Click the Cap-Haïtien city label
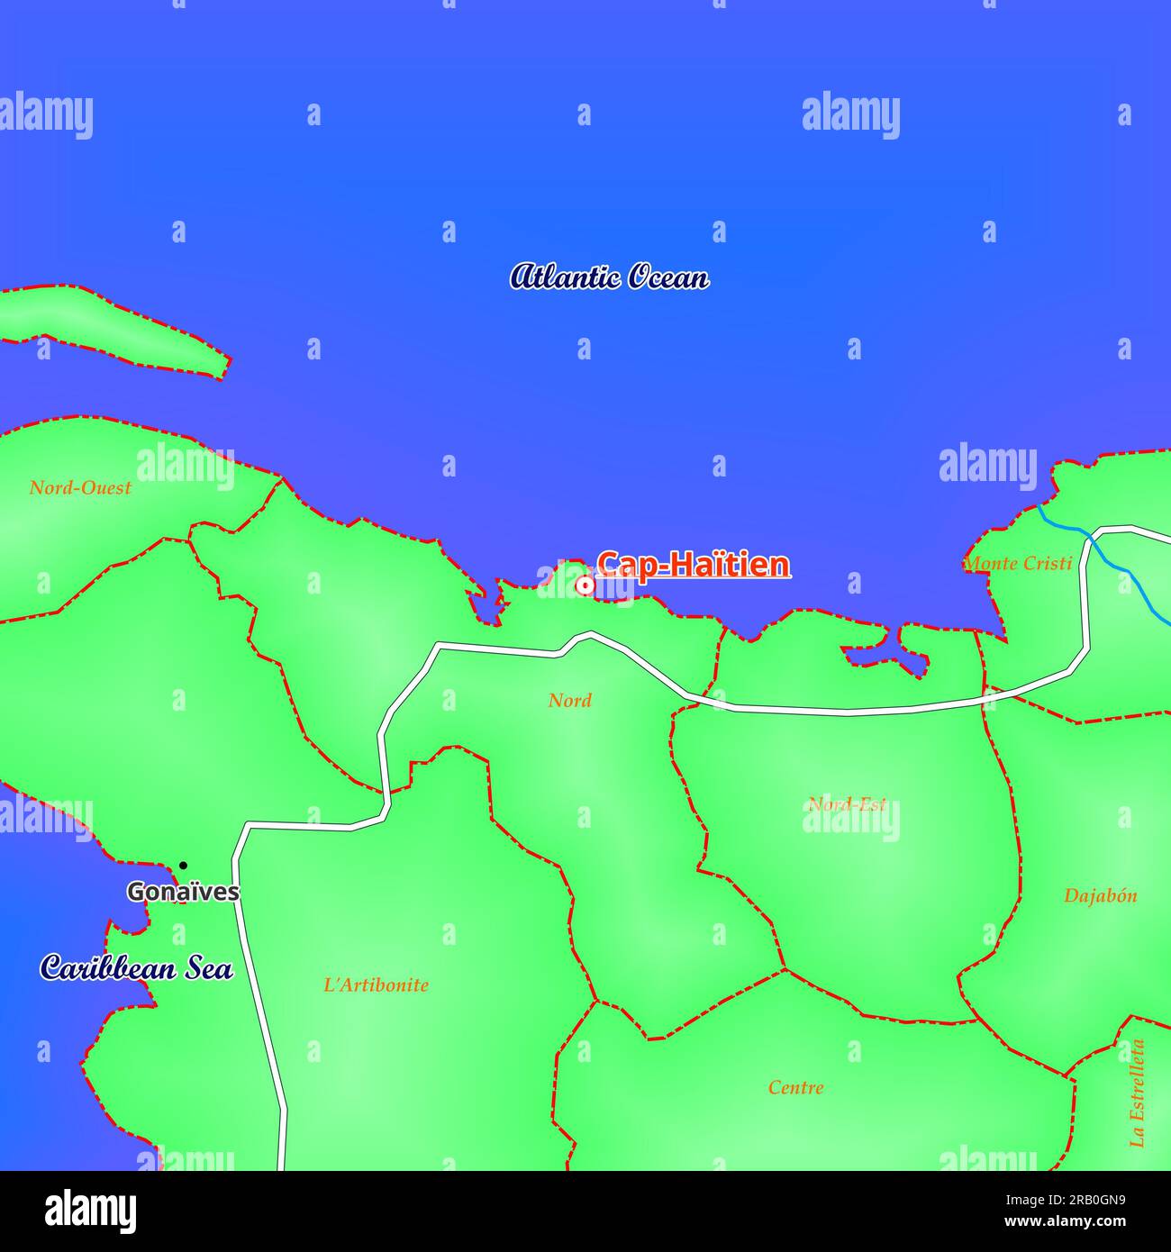(694, 565)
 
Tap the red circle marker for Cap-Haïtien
(585, 585)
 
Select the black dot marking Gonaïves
(183, 866)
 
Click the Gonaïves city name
(183, 892)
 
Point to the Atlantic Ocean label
(609, 277)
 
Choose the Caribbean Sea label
(137, 968)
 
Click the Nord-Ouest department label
(80, 488)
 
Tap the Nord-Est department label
(847, 804)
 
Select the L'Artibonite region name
(376, 985)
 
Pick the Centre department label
(795, 1088)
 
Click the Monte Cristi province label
(1018, 564)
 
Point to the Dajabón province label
(1100, 896)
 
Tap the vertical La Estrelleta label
(1138, 1093)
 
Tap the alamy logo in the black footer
(90, 1211)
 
